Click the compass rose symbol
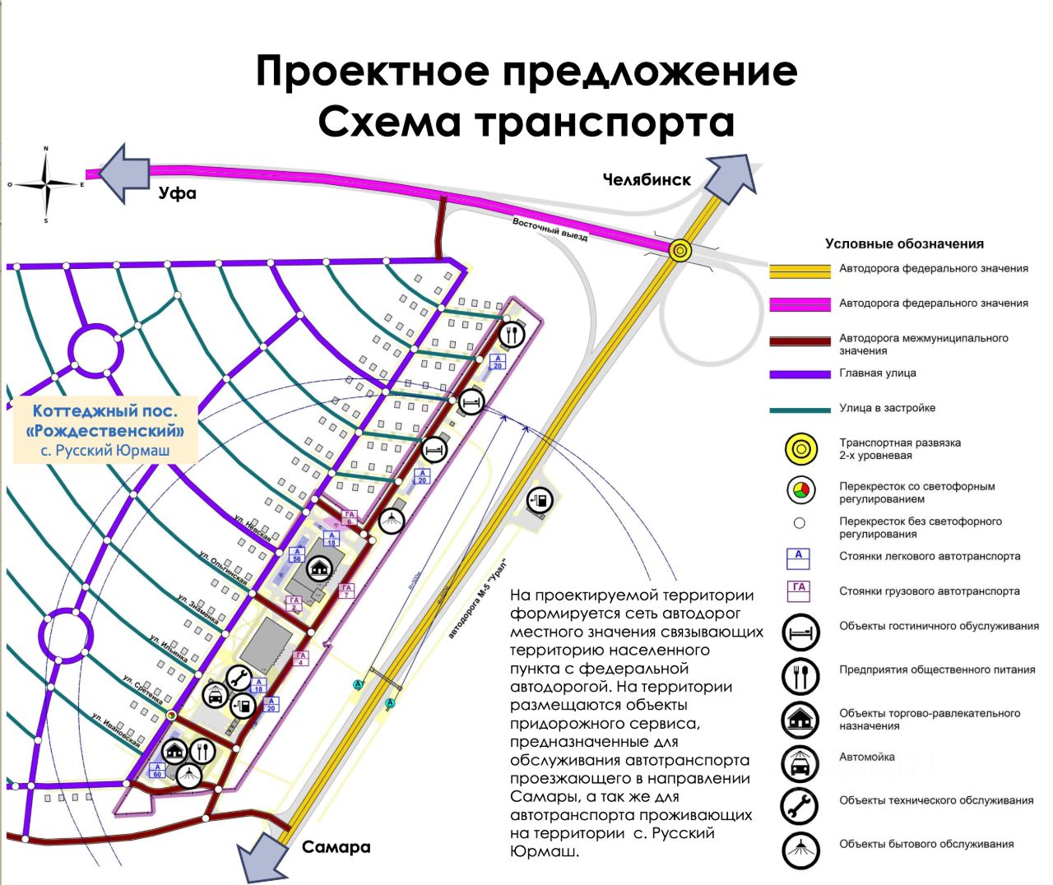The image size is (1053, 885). (46, 184)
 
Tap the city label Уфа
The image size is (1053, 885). (178, 193)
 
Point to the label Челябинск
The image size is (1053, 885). (647, 179)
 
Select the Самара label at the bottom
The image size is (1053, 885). (336, 847)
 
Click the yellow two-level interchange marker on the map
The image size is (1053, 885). (680, 250)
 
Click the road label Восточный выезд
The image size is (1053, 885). (550, 229)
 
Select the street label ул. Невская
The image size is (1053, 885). (251, 526)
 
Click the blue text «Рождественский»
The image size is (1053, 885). (105, 430)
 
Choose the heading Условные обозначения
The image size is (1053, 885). (904, 243)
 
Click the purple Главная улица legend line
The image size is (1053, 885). (800, 374)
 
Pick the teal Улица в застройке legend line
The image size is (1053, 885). (800, 410)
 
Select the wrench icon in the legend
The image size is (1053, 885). (800, 807)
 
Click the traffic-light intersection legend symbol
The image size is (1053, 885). (800, 491)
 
